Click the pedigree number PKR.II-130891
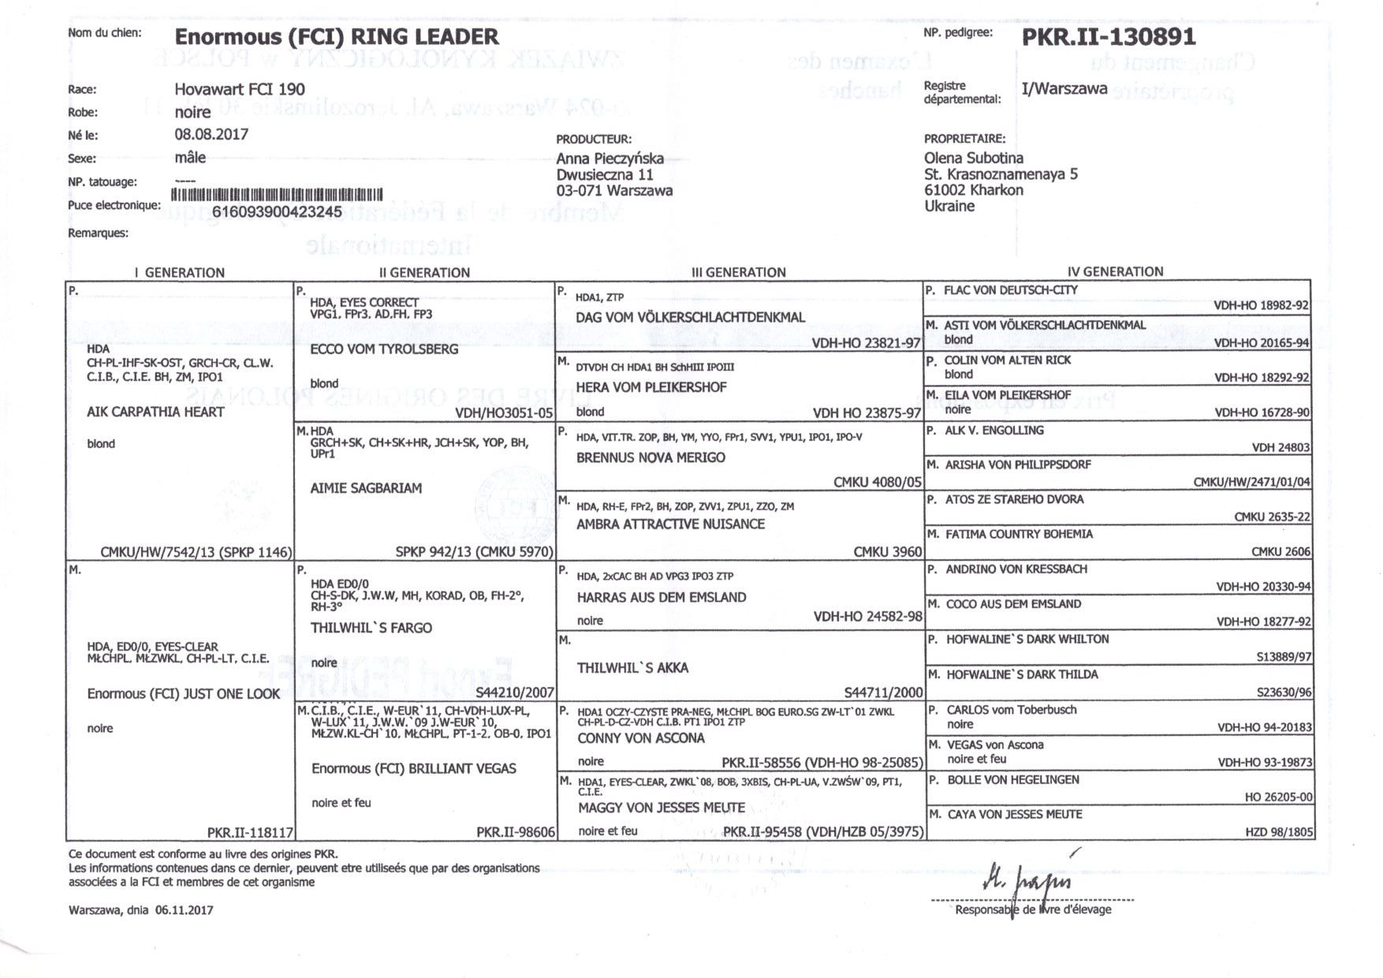pyautogui.click(x=1109, y=37)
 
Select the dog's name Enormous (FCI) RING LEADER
pyautogui.click(x=336, y=37)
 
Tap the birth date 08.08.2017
pyautogui.click(x=211, y=134)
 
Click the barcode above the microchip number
pyautogui.click(x=276, y=195)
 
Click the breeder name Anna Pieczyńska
pyautogui.click(x=609, y=159)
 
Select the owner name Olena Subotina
pyautogui.click(x=974, y=158)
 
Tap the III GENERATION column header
pyautogui.click(x=738, y=272)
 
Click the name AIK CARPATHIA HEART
pyautogui.click(x=155, y=412)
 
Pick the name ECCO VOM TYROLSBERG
pyautogui.click(x=384, y=349)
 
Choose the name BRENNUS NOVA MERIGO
pyautogui.click(x=650, y=457)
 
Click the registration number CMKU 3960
pyautogui.click(x=887, y=551)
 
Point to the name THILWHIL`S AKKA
pyautogui.click(x=632, y=668)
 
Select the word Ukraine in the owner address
pyautogui.click(x=949, y=206)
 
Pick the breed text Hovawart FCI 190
pyautogui.click(x=240, y=89)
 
